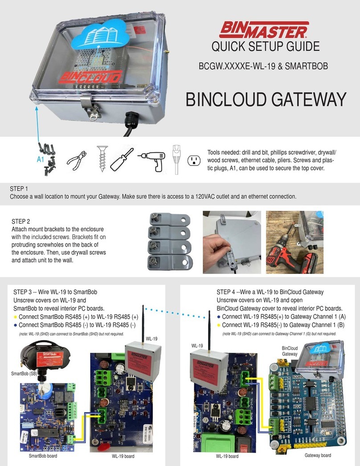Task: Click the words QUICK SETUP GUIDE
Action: click(x=266, y=46)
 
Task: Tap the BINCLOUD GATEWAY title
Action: click(x=266, y=99)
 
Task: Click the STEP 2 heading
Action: click(x=21, y=221)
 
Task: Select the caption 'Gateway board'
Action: click(x=318, y=455)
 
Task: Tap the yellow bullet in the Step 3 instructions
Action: click(x=16, y=317)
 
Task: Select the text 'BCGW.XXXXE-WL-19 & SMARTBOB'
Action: click(x=263, y=67)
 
